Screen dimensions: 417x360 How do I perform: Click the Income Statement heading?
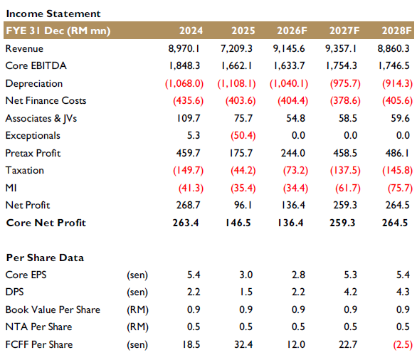53,14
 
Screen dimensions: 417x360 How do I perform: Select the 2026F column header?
292,31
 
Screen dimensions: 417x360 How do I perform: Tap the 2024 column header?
191,31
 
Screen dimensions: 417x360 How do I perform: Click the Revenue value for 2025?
236,48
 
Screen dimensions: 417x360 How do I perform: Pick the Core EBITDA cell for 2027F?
342,65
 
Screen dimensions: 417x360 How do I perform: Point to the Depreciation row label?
34,83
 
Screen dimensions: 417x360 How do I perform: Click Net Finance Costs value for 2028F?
397,101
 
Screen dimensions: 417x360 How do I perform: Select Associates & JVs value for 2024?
189,118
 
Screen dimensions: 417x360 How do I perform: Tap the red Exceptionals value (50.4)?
243,136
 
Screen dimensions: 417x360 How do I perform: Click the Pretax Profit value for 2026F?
293,153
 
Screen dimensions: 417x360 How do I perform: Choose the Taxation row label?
25,171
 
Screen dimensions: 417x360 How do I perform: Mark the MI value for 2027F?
347,189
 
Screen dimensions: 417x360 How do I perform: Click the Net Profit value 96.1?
243,206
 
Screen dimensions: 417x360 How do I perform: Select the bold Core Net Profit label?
46,223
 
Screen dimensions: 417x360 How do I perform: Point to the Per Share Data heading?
45,258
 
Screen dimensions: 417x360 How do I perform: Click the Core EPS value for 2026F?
298,275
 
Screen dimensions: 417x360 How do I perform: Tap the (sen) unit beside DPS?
137,292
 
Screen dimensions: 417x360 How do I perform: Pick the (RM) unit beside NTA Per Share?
137,327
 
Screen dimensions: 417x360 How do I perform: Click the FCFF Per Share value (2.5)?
403,345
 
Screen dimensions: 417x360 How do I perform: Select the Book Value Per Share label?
53,309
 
